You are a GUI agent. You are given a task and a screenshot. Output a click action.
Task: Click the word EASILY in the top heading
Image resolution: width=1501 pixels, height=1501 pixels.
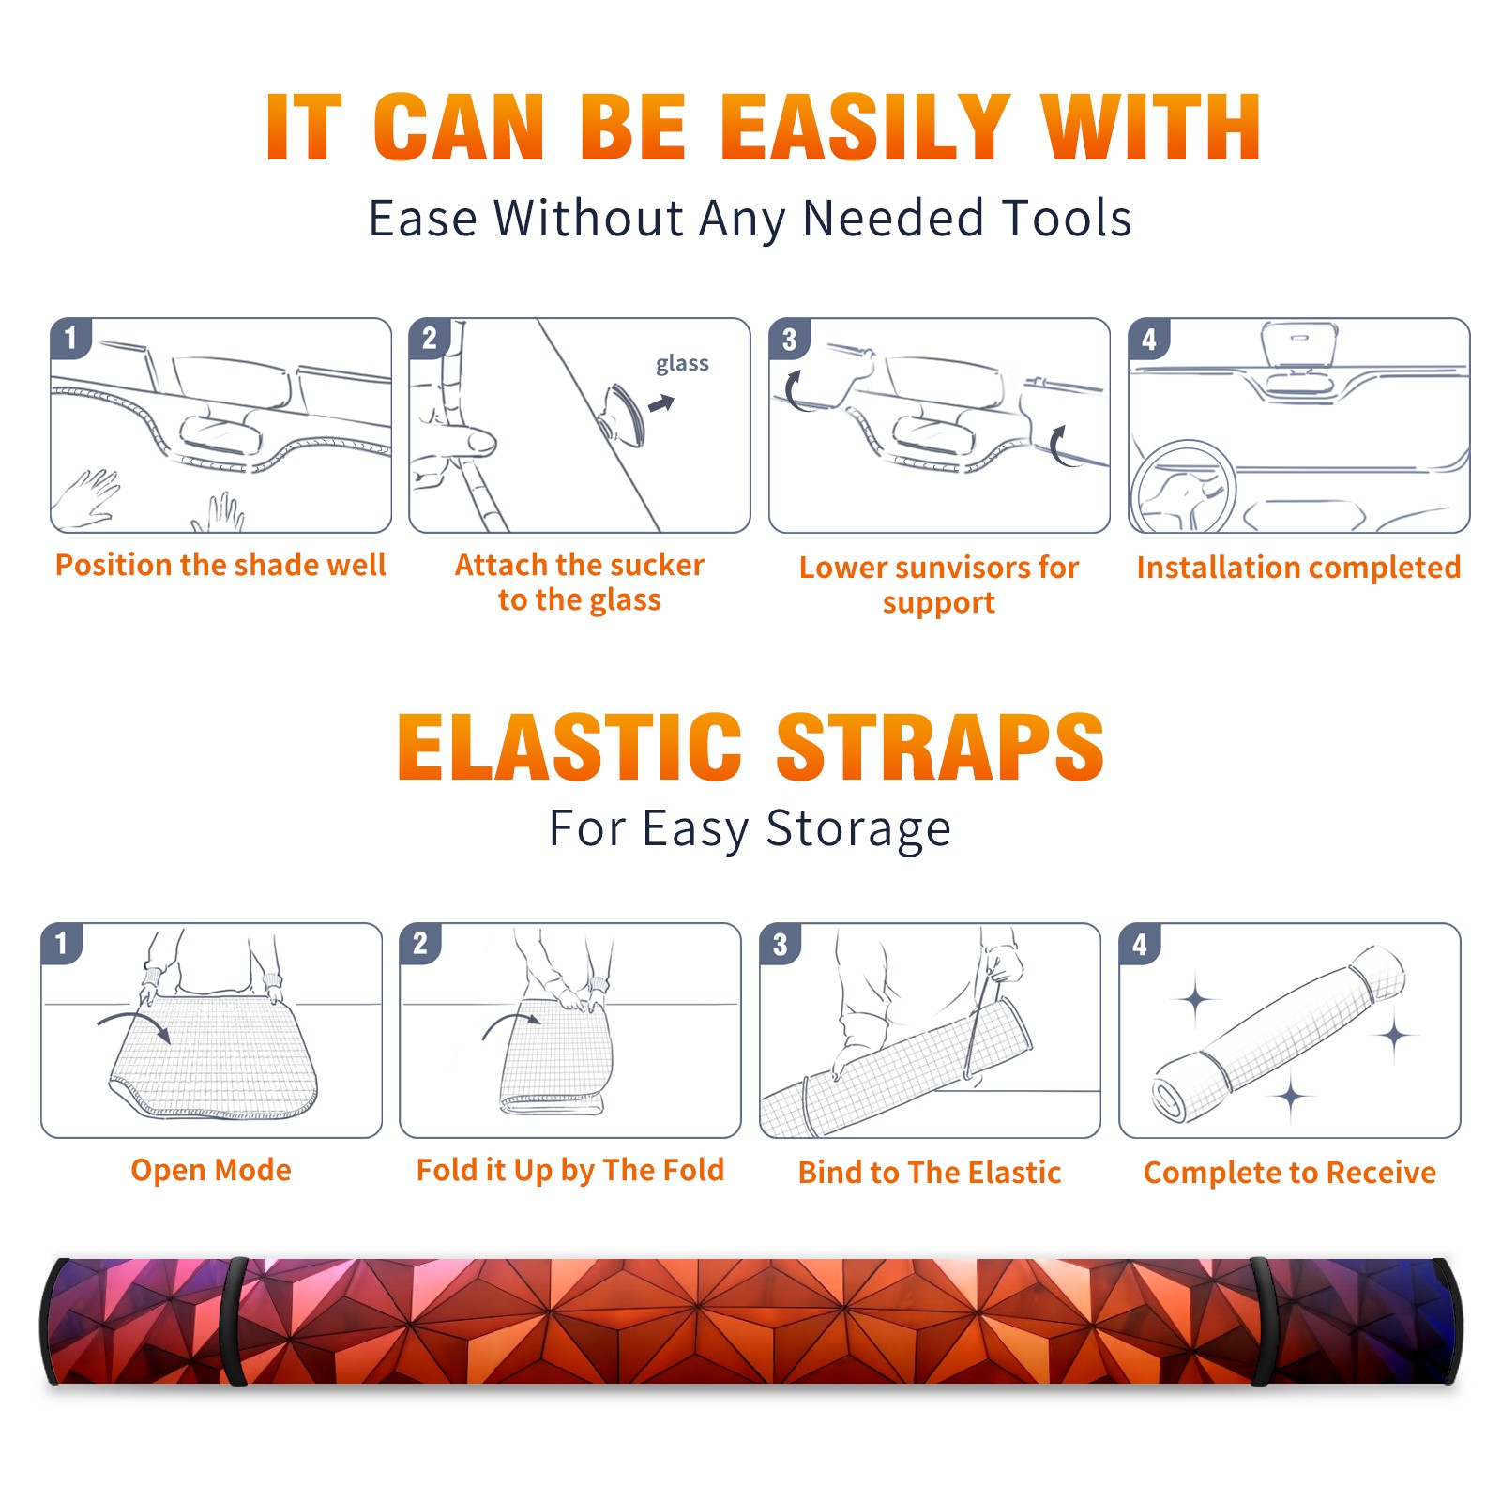865,128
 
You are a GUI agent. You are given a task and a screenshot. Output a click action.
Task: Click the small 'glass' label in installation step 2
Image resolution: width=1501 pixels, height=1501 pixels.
682,364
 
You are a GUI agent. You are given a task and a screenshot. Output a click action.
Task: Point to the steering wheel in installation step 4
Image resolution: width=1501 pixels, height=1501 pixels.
1184,487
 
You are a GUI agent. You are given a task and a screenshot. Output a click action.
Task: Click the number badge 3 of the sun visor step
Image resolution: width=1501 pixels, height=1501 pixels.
789,339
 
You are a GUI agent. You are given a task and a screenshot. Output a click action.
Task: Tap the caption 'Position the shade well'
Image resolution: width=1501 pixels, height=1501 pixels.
220,565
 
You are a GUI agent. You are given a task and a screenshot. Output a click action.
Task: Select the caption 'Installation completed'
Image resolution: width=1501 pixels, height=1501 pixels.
1298,568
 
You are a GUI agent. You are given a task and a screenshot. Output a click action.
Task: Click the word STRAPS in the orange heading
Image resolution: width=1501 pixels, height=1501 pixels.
940,747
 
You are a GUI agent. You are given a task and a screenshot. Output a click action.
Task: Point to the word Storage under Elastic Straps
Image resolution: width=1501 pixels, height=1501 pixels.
858,829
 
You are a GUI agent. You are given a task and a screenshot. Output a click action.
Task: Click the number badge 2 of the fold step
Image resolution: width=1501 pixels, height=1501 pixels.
420,943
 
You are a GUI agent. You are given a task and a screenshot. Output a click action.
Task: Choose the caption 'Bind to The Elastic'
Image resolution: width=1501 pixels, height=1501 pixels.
929,1173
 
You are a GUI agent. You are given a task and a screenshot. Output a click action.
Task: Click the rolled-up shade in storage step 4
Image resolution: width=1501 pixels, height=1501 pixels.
1279,1033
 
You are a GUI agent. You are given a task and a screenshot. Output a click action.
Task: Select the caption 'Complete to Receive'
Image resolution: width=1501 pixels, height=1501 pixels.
1290,1173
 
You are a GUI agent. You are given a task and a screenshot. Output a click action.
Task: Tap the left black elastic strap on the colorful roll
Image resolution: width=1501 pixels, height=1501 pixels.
235,1322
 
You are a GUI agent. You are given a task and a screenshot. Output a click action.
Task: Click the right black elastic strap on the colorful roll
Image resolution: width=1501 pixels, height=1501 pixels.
1261,1322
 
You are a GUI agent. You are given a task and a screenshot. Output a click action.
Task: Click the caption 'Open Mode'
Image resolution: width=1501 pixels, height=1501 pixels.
211,1170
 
